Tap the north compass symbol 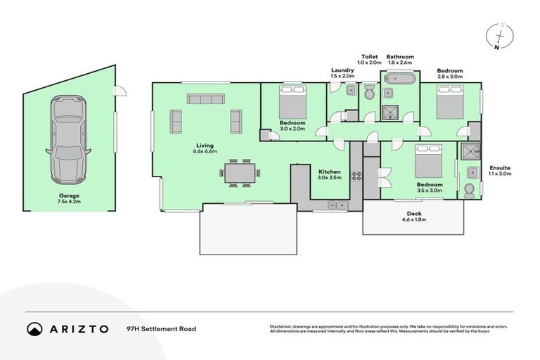(499, 37)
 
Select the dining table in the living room (238, 172)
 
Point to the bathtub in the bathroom (399, 79)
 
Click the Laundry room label (342, 70)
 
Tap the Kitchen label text (329, 172)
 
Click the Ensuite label (500, 168)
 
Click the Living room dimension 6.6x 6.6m (205, 151)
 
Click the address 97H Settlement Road (161, 329)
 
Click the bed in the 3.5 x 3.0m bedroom (427, 162)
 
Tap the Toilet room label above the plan (369, 56)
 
